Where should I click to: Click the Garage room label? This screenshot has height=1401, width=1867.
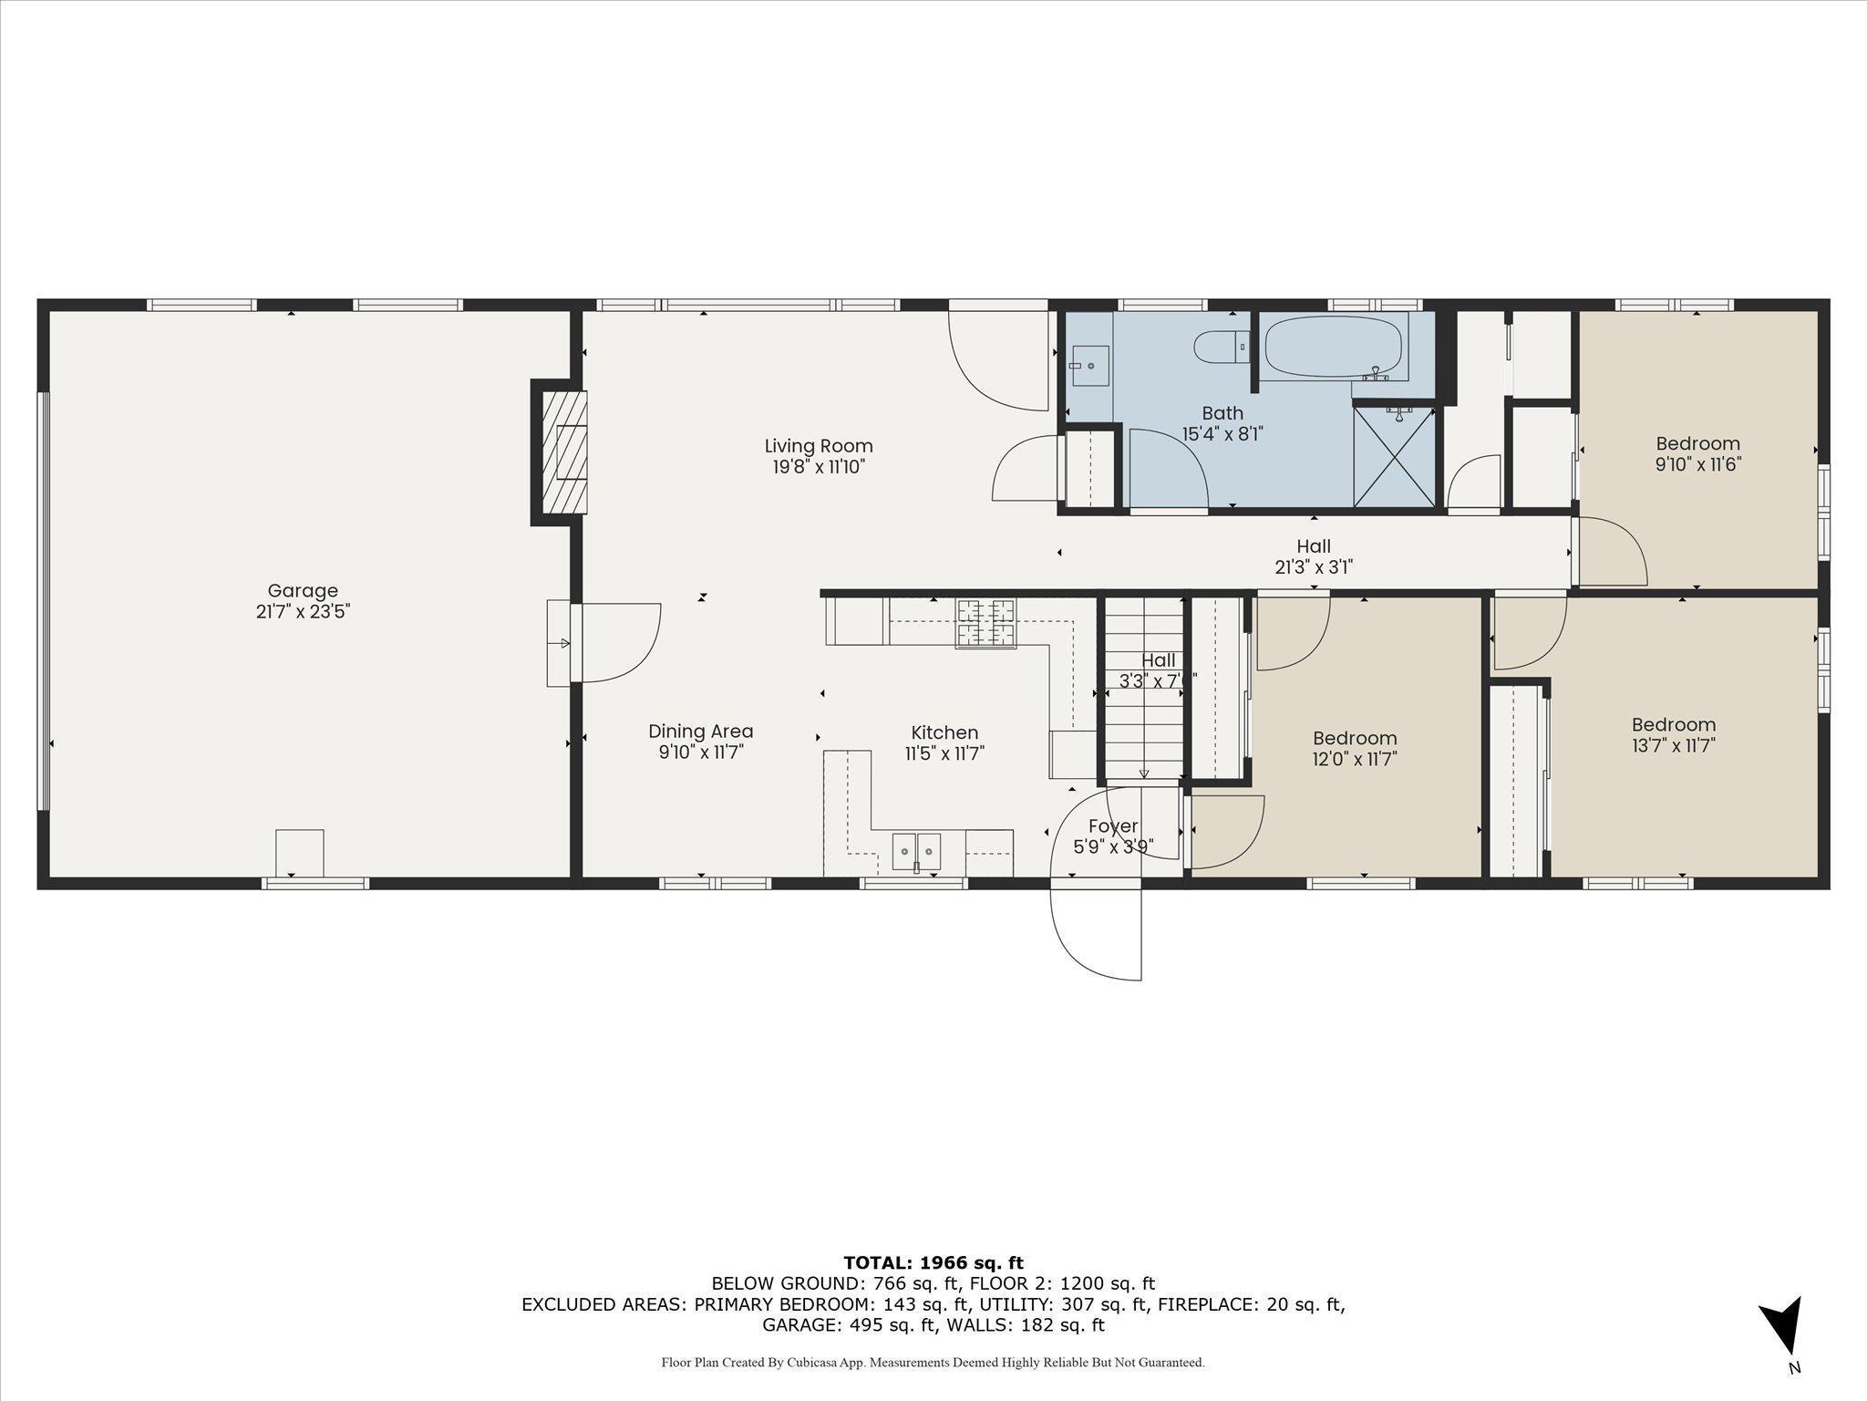pos(302,591)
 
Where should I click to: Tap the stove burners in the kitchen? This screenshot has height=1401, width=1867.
pos(985,623)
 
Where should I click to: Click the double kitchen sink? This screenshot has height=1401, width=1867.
pos(915,851)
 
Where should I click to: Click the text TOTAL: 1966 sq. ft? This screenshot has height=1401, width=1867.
pos(933,1262)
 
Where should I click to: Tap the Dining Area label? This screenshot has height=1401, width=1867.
pos(700,732)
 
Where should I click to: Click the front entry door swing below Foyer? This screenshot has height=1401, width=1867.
pos(1097,930)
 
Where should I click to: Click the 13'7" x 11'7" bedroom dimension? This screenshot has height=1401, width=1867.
pos(1673,745)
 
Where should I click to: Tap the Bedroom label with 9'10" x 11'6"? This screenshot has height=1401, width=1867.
pos(1697,444)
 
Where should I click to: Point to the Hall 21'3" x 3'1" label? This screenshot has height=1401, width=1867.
pos(1313,556)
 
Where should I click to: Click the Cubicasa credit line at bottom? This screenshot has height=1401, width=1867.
pos(933,1362)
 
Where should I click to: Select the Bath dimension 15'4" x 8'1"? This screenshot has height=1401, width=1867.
pos(1222,434)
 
